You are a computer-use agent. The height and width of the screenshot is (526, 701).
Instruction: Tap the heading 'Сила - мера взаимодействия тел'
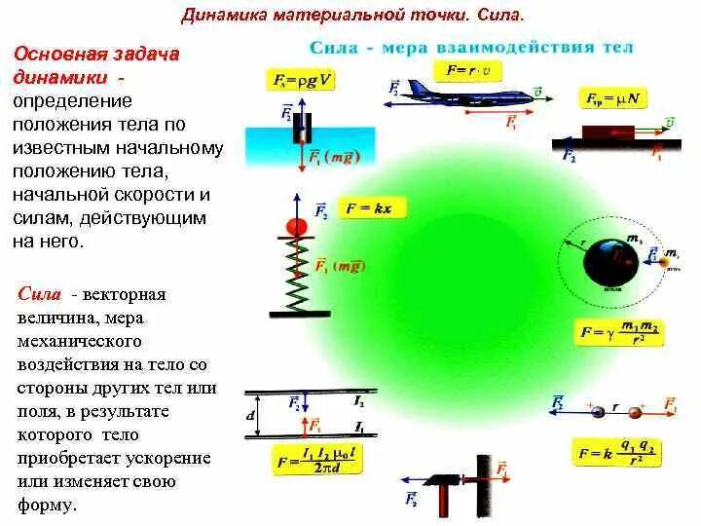point(471,47)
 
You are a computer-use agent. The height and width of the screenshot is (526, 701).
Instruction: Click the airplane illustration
point(451,92)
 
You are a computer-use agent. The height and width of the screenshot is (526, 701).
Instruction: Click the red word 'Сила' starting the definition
point(40,294)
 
